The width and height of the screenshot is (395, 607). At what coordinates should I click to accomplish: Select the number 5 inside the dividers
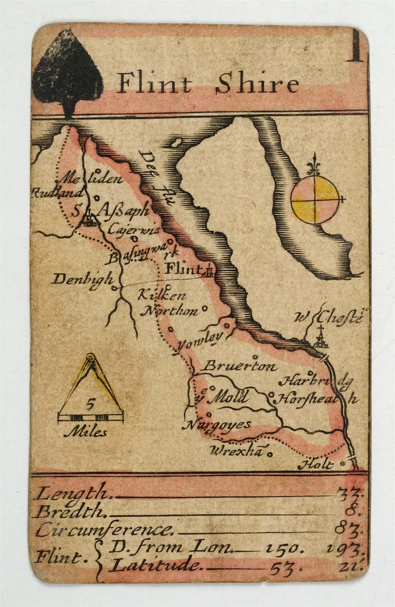click(90, 404)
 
